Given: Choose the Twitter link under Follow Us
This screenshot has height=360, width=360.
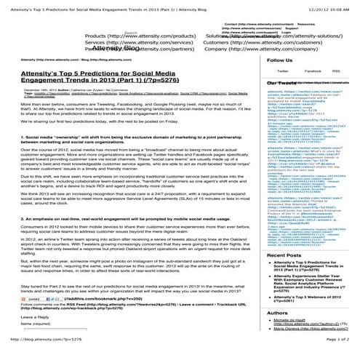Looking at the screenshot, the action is (282, 71).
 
